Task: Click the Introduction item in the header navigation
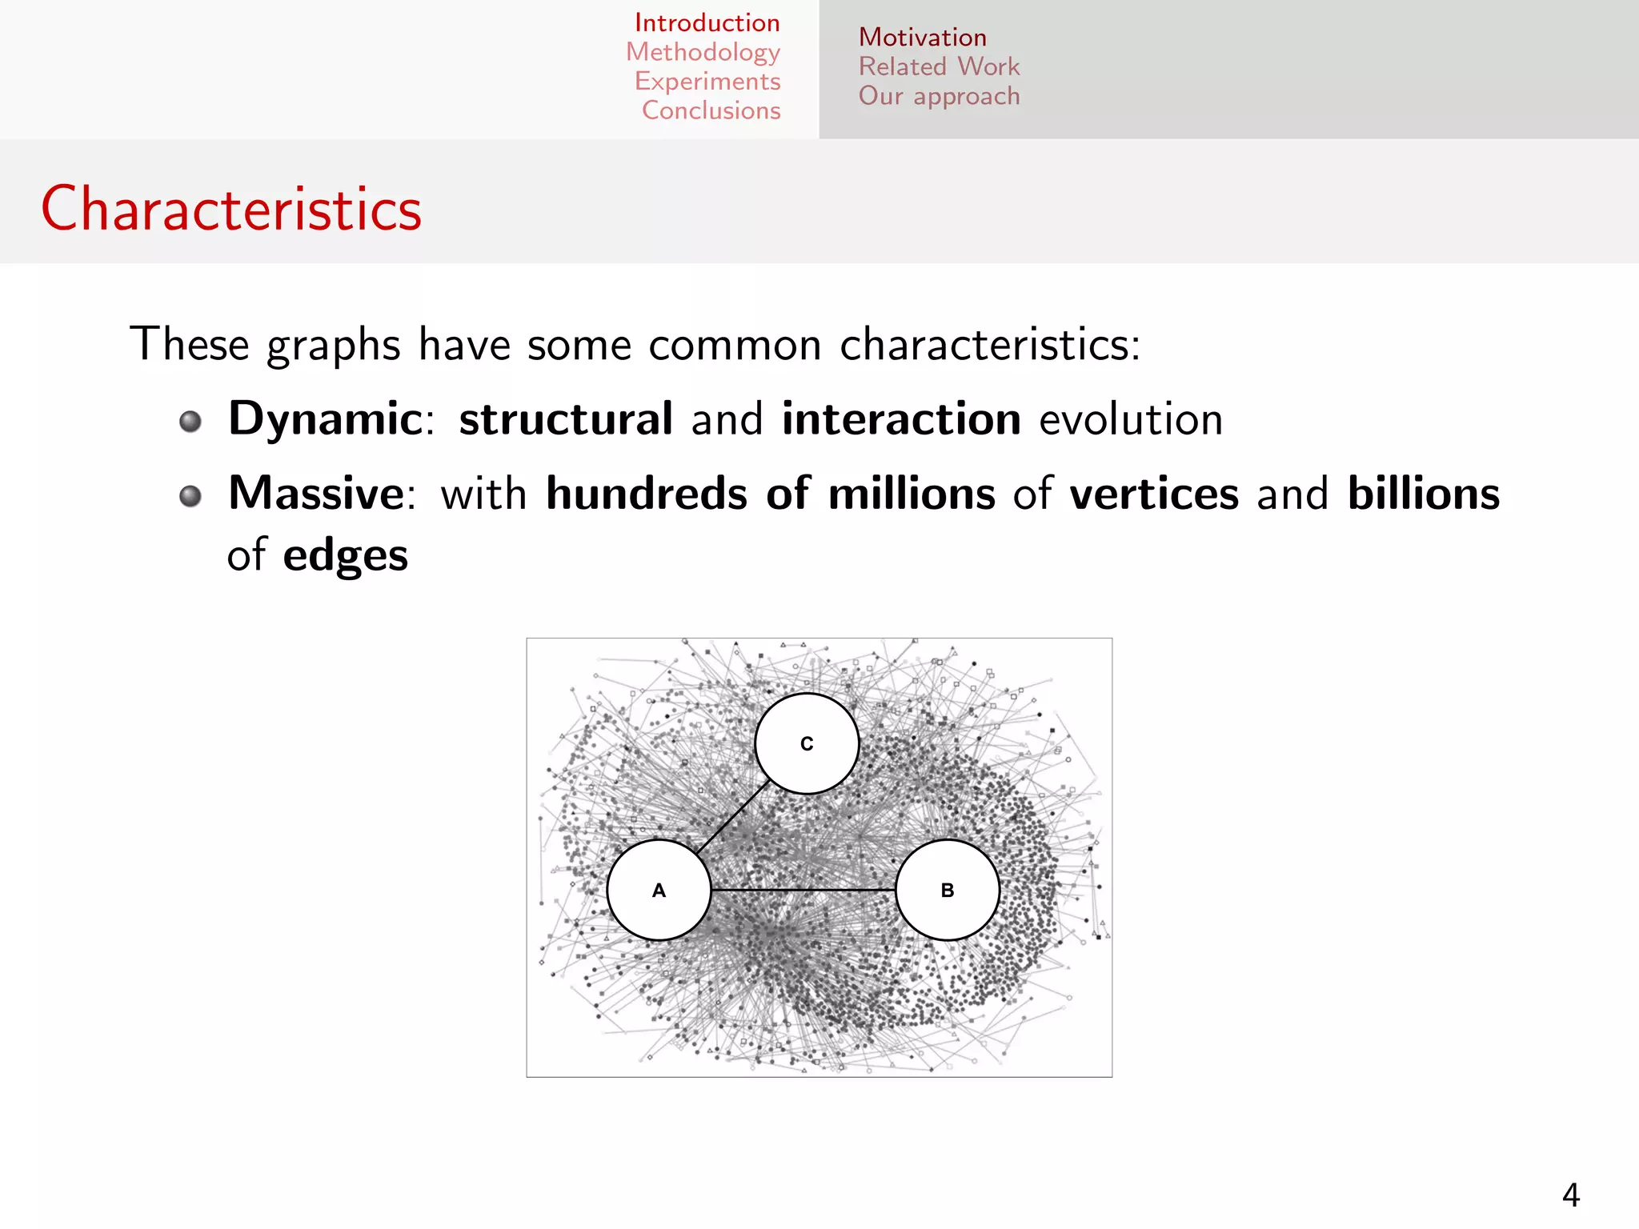pyautogui.click(x=707, y=22)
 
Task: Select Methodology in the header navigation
pyautogui.click(x=703, y=52)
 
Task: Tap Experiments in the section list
pyautogui.click(x=707, y=82)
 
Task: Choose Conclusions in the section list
pyautogui.click(x=711, y=110)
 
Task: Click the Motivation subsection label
pyautogui.click(x=922, y=38)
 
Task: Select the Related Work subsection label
pyautogui.click(x=939, y=66)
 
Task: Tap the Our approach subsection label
pyautogui.click(x=939, y=96)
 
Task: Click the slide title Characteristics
pyautogui.click(x=231, y=209)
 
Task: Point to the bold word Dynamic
pyautogui.click(x=325, y=418)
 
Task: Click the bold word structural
pyautogui.click(x=565, y=418)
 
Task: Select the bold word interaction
pyautogui.click(x=901, y=418)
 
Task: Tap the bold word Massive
pyautogui.click(x=316, y=493)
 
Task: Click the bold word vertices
pyautogui.click(x=1154, y=493)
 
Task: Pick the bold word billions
pyautogui.click(x=1423, y=493)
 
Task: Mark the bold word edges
pyautogui.click(x=345, y=554)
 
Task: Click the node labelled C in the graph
pyautogui.click(x=807, y=743)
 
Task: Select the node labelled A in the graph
pyautogui.click(x=659, y=890)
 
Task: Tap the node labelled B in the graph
pyautogui.click(x=947, y=890)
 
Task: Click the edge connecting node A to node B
pyautogui.click(x=803, y=890)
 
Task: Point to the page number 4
pyautogui.click(x=1570, y=1195)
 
